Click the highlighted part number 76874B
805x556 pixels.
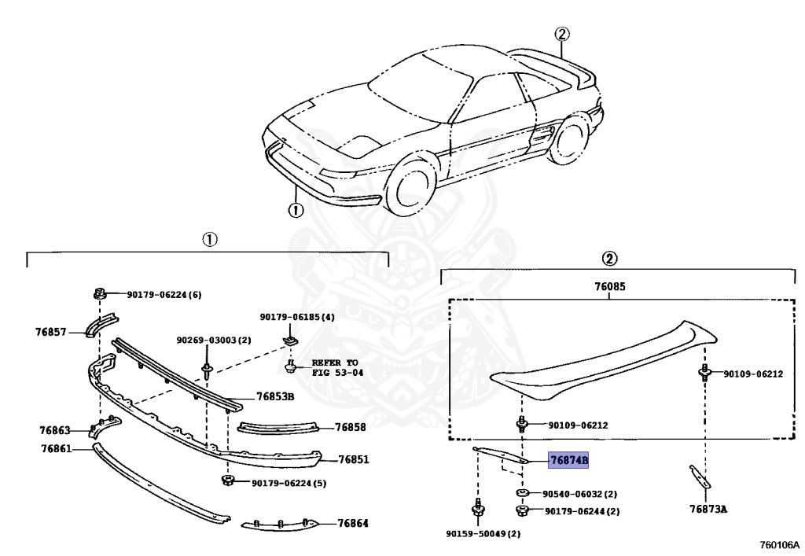point(568,460)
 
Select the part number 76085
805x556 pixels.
point(610,289)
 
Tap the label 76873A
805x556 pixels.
point(708,509)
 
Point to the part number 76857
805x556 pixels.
point(50,332)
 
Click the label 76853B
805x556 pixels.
point(274,396)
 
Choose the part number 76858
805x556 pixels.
point(350,427)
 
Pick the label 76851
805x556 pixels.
point(354,460)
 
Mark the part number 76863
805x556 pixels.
point(55,430)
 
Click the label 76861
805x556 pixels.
point(56,449)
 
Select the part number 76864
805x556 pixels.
point(353,523)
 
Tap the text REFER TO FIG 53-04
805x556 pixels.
point(338,367)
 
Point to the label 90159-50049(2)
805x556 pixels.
point(483,534)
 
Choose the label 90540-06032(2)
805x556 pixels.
point(579,495)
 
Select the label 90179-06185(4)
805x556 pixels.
point(297,317)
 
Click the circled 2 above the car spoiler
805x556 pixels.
point(561,33)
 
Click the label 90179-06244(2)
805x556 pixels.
point(581,511)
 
